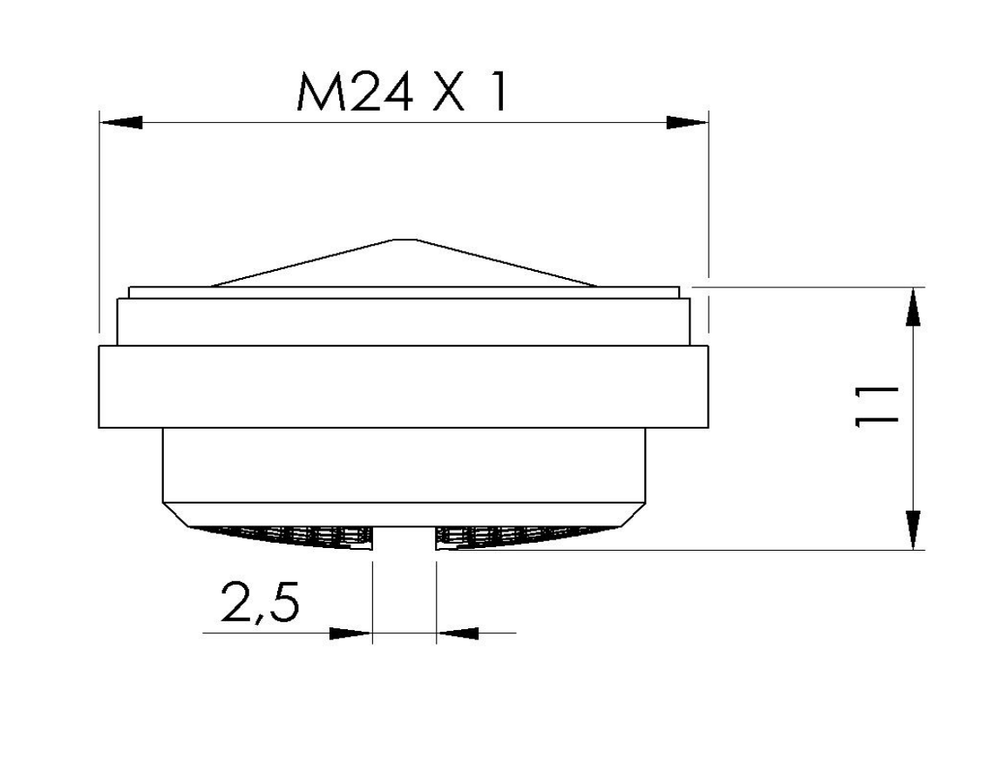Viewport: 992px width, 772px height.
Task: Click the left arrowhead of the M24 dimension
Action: coord(121,122)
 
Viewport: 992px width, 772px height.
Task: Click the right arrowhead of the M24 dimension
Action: coord(687,122)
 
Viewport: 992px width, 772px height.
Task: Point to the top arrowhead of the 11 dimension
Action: coord(913,308)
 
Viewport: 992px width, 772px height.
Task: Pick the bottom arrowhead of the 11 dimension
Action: coord(913,529)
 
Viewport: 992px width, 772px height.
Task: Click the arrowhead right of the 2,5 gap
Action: coord(458,633)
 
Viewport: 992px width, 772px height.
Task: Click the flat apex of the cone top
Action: coord(404,240)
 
